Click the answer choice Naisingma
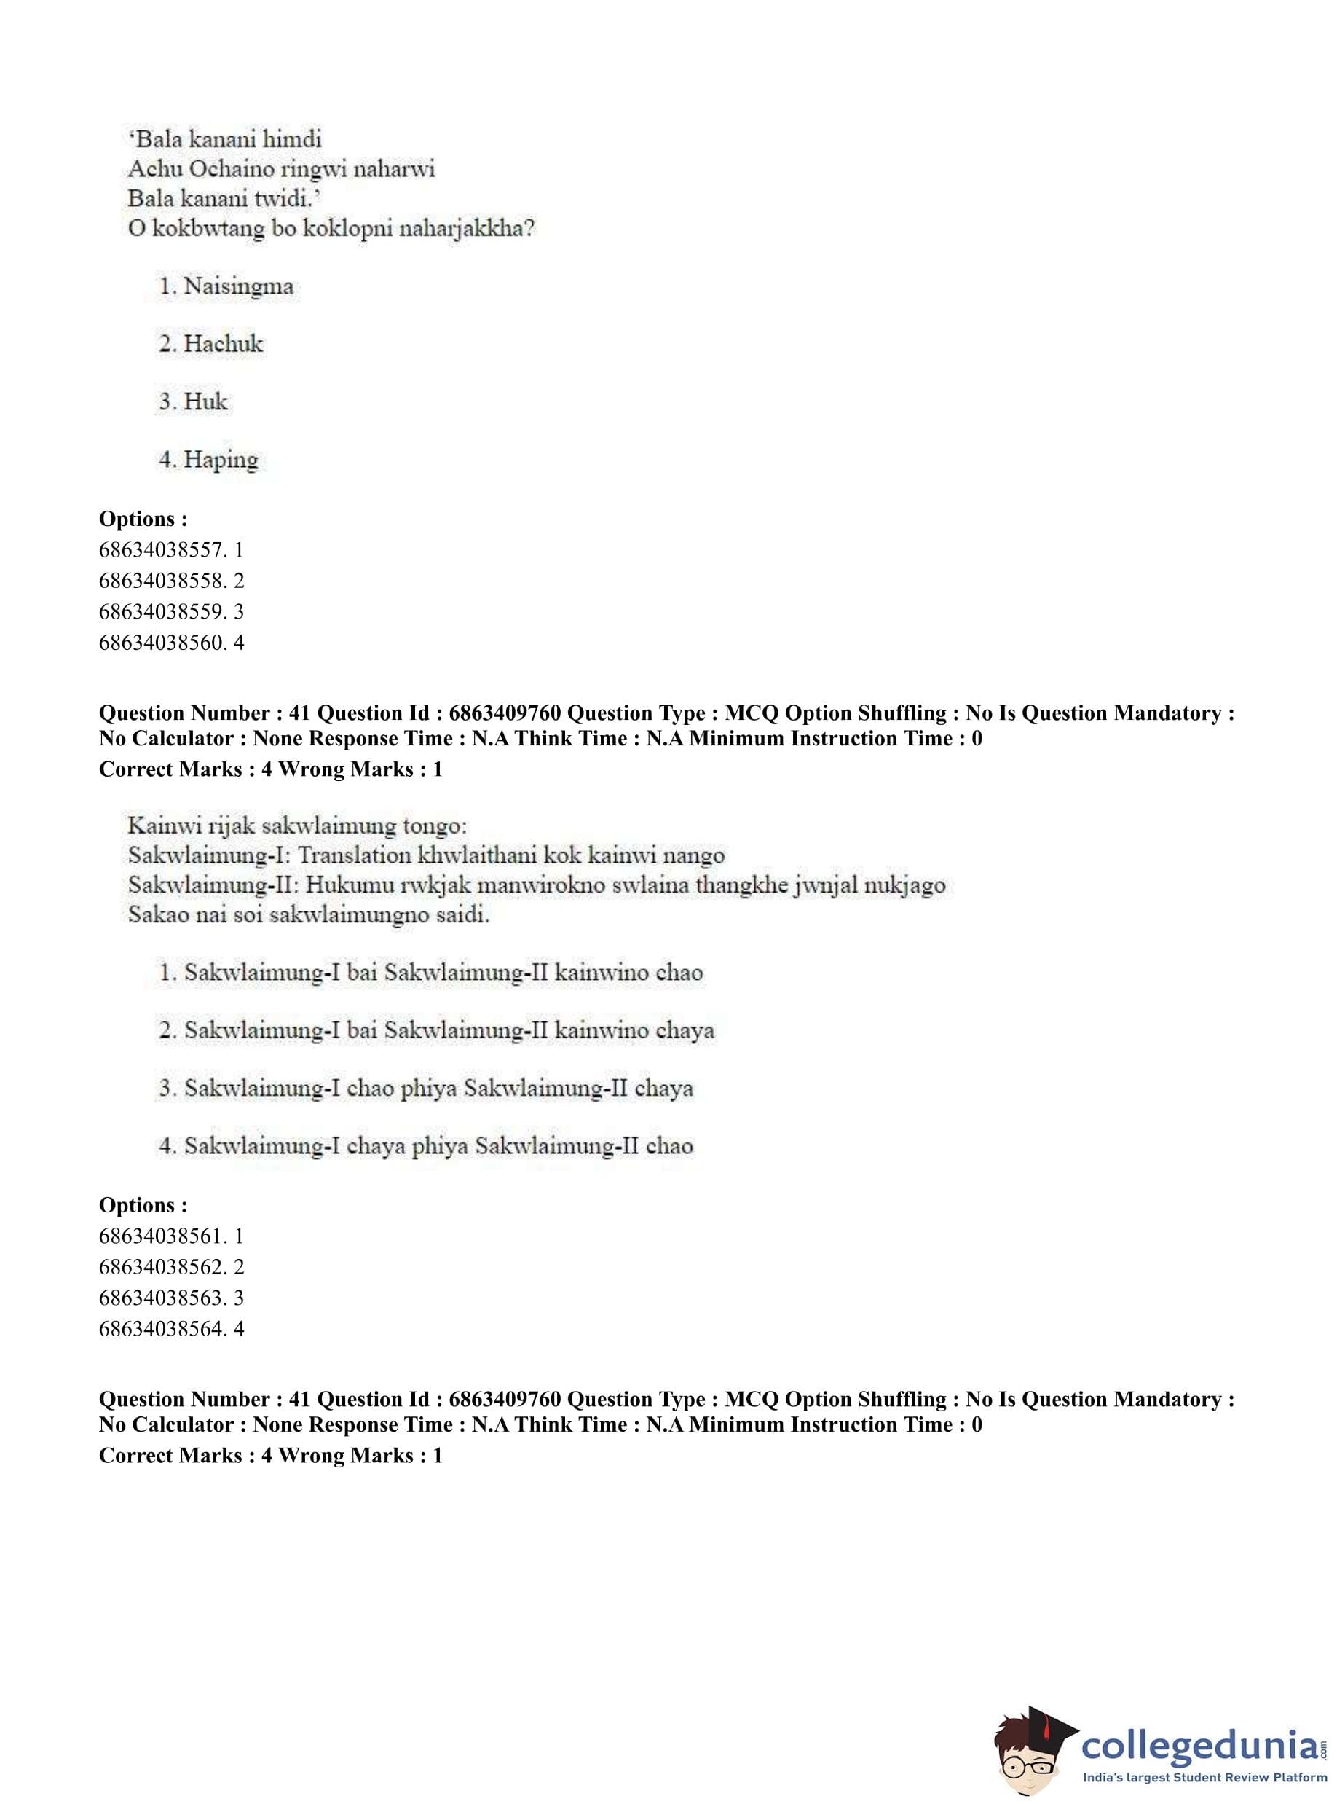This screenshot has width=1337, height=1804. pyautogui.click(x=238, y=286)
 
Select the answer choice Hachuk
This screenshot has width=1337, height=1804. pyautogui.click(x=223, y=344)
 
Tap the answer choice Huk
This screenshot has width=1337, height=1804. pyautogui.click(x=205, y=401)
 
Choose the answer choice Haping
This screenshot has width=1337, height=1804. pyautogui.click(x=220, y=460)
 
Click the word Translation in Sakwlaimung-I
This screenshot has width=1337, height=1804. pyautogui.click(x=355, y=856)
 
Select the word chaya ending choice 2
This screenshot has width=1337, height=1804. pyautogui.click(x=685, y=1031)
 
